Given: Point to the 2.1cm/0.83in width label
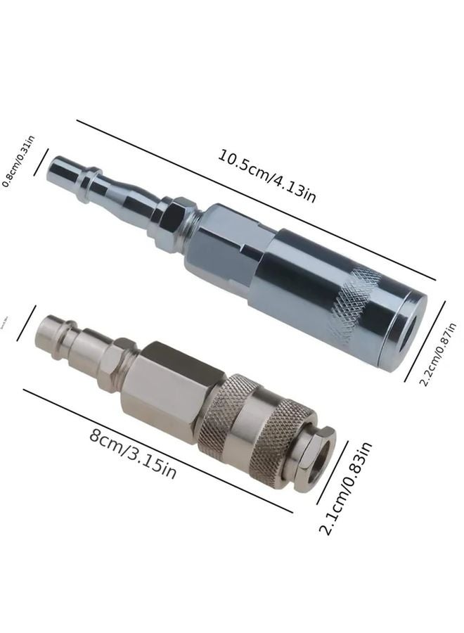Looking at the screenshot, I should click(346, 488).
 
